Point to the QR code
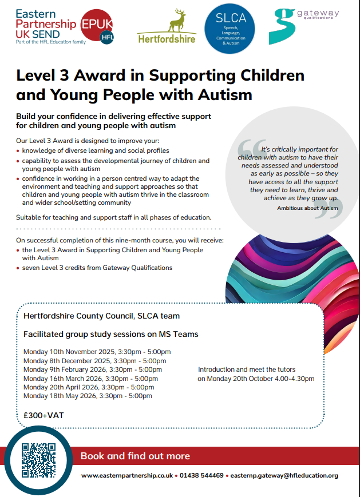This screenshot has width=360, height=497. [x=38, y=461]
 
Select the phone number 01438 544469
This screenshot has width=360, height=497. [x=201, y=475]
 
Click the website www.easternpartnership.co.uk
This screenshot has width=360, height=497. [x=127, y=475]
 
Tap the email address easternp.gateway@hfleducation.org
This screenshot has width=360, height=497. [x=284, y=475]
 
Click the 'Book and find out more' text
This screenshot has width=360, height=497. [x=135, y=456]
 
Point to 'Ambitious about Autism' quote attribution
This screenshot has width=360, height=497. [x=307, y=208]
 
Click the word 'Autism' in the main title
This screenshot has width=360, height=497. [x=222, y=93]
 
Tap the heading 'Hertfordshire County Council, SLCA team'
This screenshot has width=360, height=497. [x=101, y=316]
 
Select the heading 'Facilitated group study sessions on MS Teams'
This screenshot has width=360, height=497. [x=111, y=334]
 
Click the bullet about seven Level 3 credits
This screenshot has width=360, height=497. [x=97, y=268]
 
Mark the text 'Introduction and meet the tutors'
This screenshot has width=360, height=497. [x=247, y=369]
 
